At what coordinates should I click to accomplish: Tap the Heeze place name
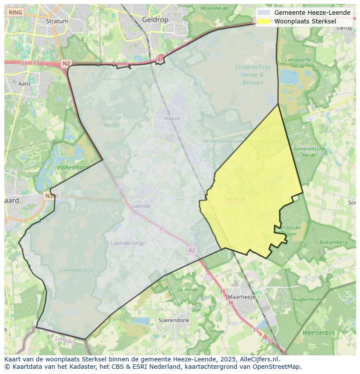coord(172,119)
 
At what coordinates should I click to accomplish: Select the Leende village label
coord(141,206)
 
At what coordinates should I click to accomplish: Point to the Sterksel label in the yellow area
coord(235,199)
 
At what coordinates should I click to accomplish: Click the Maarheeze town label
coord(242,297)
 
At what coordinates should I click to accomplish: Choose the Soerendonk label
coord(174,320)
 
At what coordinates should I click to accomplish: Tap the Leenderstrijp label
coord(127,243)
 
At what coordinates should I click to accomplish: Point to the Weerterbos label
coord(319,333)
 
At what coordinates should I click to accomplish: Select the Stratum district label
coord(57,21)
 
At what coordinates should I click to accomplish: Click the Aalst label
coord(25,83)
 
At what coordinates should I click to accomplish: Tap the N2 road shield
coord(66,63)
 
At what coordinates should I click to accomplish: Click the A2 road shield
coord(192,250)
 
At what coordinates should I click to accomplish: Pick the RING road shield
coord(15,13)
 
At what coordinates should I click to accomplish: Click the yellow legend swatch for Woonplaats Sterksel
coord(263,21)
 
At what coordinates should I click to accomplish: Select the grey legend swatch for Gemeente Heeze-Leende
coord(263,13)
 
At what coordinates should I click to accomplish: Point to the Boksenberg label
coord(333,242)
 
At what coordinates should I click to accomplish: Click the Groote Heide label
coord(112,121)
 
